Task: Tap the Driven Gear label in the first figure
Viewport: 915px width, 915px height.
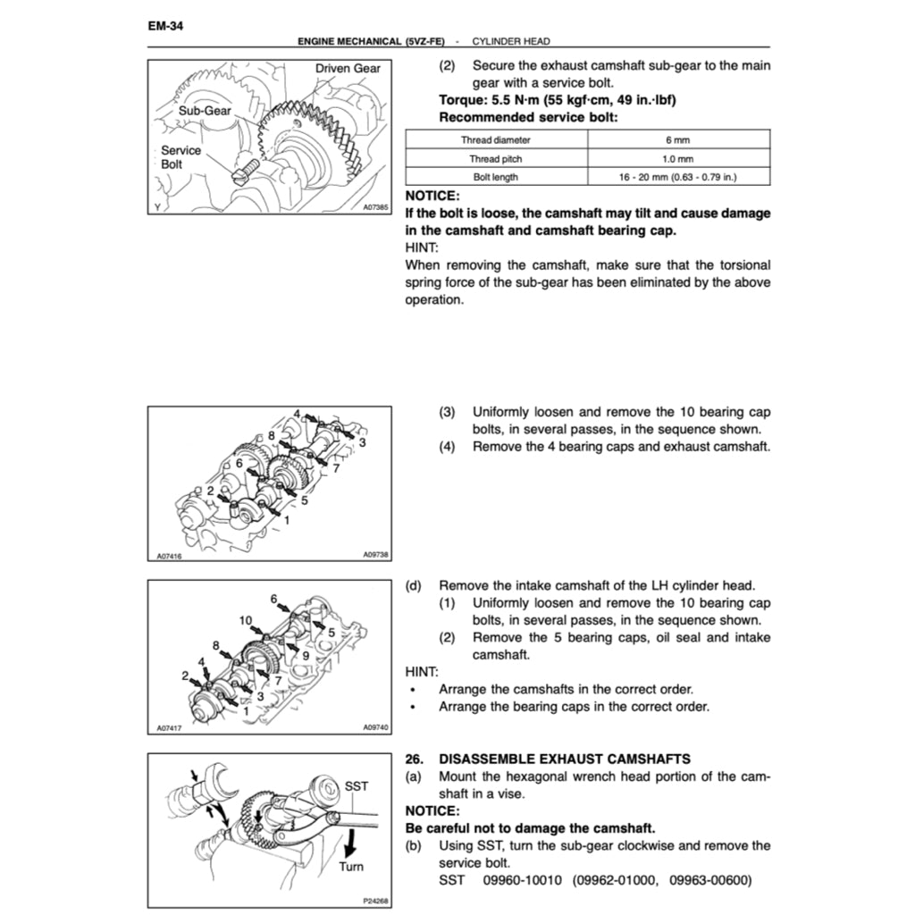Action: [348, 68]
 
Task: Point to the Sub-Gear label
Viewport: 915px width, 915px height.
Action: [205, 111]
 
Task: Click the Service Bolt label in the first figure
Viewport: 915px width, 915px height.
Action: [180, 157]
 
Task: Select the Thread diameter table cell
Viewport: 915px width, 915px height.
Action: [495, 139]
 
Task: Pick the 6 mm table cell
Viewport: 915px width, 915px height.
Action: [677, 139]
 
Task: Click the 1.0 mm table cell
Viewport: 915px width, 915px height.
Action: [677, 158]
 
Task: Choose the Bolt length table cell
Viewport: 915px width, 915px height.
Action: [495, 177]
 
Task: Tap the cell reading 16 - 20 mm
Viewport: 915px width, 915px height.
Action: [677, 177]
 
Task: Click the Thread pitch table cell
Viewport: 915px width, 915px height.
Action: [495, 158]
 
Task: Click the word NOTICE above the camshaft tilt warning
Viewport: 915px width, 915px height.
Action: [432, 196]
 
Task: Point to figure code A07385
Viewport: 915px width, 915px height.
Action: [375, 207]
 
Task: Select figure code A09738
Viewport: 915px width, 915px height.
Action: [375, 555]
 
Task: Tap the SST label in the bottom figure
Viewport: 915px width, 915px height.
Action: [356, 786]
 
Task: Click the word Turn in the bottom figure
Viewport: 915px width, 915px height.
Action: [351, 867]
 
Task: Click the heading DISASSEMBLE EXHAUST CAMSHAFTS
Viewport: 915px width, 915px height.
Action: [565, 759]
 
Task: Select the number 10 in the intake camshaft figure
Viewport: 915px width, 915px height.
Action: [246, 620]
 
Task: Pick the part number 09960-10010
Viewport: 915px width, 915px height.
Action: [523, 880]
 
